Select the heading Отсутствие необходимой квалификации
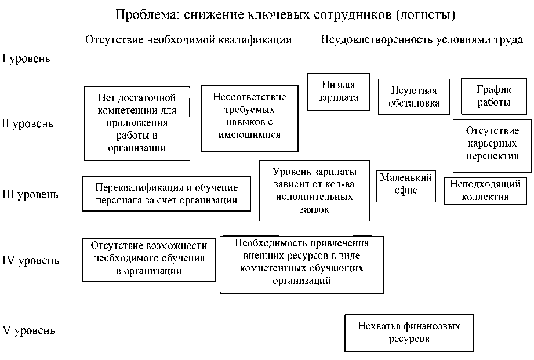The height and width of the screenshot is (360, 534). pos(188,40)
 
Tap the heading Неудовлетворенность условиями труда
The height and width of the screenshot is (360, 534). pos(422,40)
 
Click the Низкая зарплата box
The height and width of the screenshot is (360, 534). pos(339,92)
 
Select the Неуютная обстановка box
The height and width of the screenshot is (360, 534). pos(415,97)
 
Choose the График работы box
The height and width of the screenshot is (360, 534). pos(494,96)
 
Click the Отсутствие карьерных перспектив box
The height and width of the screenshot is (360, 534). pos(492,146)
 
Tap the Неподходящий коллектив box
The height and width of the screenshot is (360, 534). pos(485,191)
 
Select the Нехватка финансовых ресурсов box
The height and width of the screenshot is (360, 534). pos(409,332)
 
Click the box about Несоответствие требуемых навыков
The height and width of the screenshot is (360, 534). pos(249,118)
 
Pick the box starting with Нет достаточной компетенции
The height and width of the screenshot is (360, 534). pos(137,123)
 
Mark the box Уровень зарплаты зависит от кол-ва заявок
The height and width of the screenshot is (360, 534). pos(314,191)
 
